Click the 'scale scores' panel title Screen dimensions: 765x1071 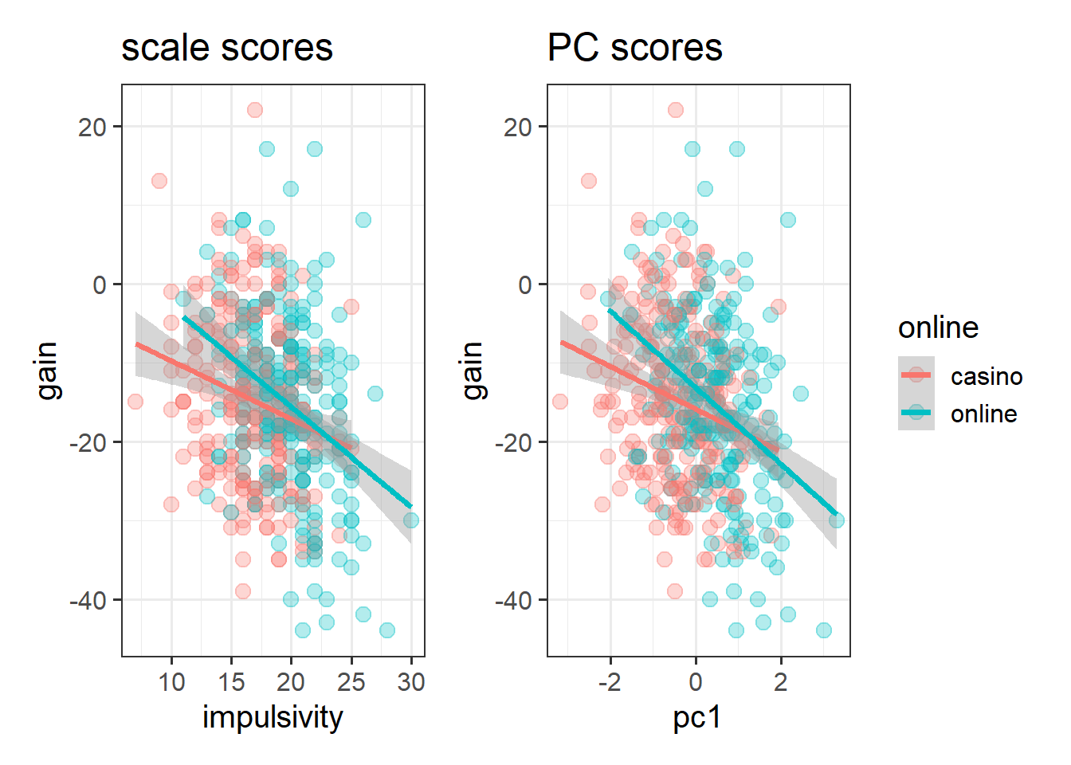click(226, 48)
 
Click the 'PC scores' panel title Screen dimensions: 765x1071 click(634, 48)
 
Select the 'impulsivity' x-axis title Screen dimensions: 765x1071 click(273, 717)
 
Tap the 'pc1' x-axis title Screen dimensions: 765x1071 click(697, 717)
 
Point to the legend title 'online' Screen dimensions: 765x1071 click(938, 328)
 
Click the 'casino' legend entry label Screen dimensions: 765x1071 click(987, 376)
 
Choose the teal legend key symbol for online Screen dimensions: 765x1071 click(916, 413)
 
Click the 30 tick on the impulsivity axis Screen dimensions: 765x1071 click(411, 682)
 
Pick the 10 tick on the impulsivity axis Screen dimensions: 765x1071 click(171, 682)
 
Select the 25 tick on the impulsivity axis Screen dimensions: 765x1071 click(351, 682)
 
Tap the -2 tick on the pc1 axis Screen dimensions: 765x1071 click(610, 682)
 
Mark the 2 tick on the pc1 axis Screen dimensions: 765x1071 click(781, 682)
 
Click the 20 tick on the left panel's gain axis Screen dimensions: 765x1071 click(92, 127)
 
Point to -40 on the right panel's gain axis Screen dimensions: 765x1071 click(513, 600)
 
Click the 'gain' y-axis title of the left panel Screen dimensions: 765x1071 click(47, 370)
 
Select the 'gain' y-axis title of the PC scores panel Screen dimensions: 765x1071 click(473, 370)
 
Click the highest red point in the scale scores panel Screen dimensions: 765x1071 click(255, 110)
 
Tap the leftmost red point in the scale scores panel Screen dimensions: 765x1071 click(135, 401)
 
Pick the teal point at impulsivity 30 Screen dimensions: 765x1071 click(411, 520)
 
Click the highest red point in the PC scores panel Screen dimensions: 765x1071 click(676, 110)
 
